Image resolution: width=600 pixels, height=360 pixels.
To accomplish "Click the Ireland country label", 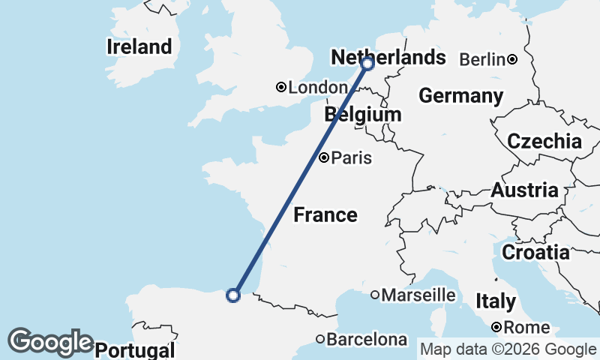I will pos(139,46).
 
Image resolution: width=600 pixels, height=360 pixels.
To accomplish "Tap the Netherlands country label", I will pos(388,58).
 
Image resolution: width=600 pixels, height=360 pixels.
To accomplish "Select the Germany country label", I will pos(460,96).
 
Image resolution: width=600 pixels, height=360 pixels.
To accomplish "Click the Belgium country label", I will pos(362,115).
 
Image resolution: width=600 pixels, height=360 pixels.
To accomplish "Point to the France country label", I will pos(325,215).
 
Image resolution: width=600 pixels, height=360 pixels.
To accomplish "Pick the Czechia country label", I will pos(544,141).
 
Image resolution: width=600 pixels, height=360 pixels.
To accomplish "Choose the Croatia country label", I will pos(535,253).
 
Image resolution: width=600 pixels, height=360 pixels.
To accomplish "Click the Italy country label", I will pos(496,301).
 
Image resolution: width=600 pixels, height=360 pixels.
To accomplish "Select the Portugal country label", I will pos(136,350).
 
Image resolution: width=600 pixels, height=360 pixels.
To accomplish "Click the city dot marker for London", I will pos(281,88).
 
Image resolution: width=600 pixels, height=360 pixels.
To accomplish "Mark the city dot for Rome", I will pos(496,328).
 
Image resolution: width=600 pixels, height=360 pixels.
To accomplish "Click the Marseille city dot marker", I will pos(375,295).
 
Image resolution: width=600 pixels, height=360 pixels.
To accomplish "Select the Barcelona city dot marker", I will pos(320,339).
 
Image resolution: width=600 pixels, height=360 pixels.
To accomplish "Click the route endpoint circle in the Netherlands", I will pos(367,64).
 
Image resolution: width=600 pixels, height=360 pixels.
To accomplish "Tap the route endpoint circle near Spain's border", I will pos(233,295).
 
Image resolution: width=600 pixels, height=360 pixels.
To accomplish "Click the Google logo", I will pos(50,341).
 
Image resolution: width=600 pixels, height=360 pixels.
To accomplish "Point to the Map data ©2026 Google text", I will pos(508,349).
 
